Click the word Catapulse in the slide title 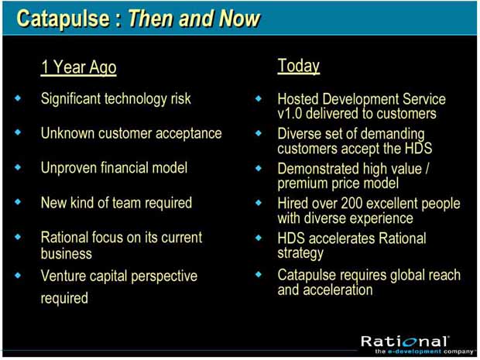pos(63,19)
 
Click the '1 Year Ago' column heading pos(79,67)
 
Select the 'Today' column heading pos(299,66)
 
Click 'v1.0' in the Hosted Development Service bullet pos(290,114)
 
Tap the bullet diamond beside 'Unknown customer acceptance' pos(18,132)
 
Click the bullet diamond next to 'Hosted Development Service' pos(259,98)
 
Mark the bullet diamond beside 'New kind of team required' pos(18,201)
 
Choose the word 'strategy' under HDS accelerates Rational pos(300,254)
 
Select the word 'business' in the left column pos(67,253)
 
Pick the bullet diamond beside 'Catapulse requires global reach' pos(259,274)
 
